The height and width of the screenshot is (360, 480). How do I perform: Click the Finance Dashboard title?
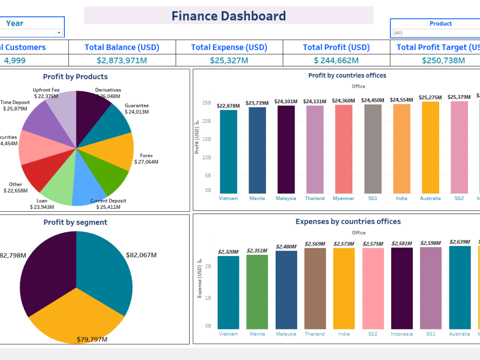[228, 16]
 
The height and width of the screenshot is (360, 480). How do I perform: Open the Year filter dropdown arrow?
[59, 33]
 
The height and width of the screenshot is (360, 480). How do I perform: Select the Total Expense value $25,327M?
[229, 60]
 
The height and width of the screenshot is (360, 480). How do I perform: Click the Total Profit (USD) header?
[336, 47]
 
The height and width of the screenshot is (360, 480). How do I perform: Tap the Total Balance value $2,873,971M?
[122, 60]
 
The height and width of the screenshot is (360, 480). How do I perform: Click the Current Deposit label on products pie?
[108, 201]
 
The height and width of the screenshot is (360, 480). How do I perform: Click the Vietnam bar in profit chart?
[228, 151]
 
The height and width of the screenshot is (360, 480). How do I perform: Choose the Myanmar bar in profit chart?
[344, 149]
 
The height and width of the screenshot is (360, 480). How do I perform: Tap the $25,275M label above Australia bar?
[430, 97]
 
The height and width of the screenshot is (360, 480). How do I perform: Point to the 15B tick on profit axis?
[207, 139]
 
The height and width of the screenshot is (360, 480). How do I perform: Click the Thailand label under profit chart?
[315, 198]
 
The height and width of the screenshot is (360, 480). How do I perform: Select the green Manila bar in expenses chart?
[257, 291]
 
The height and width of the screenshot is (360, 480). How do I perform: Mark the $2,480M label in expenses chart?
[286, 247]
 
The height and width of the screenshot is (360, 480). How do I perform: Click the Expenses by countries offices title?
[348, 222]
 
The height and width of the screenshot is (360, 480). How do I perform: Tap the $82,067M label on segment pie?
[141, 255]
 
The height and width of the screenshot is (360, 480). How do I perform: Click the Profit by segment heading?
[75, 222]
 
